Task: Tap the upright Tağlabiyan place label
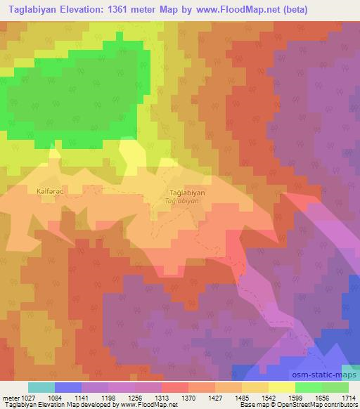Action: pyautogui.click(x=188, y=192)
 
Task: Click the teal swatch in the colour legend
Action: pyautogui.click(x=41, y=387)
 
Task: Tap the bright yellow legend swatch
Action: pyautogui.click(x=281, y=387)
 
